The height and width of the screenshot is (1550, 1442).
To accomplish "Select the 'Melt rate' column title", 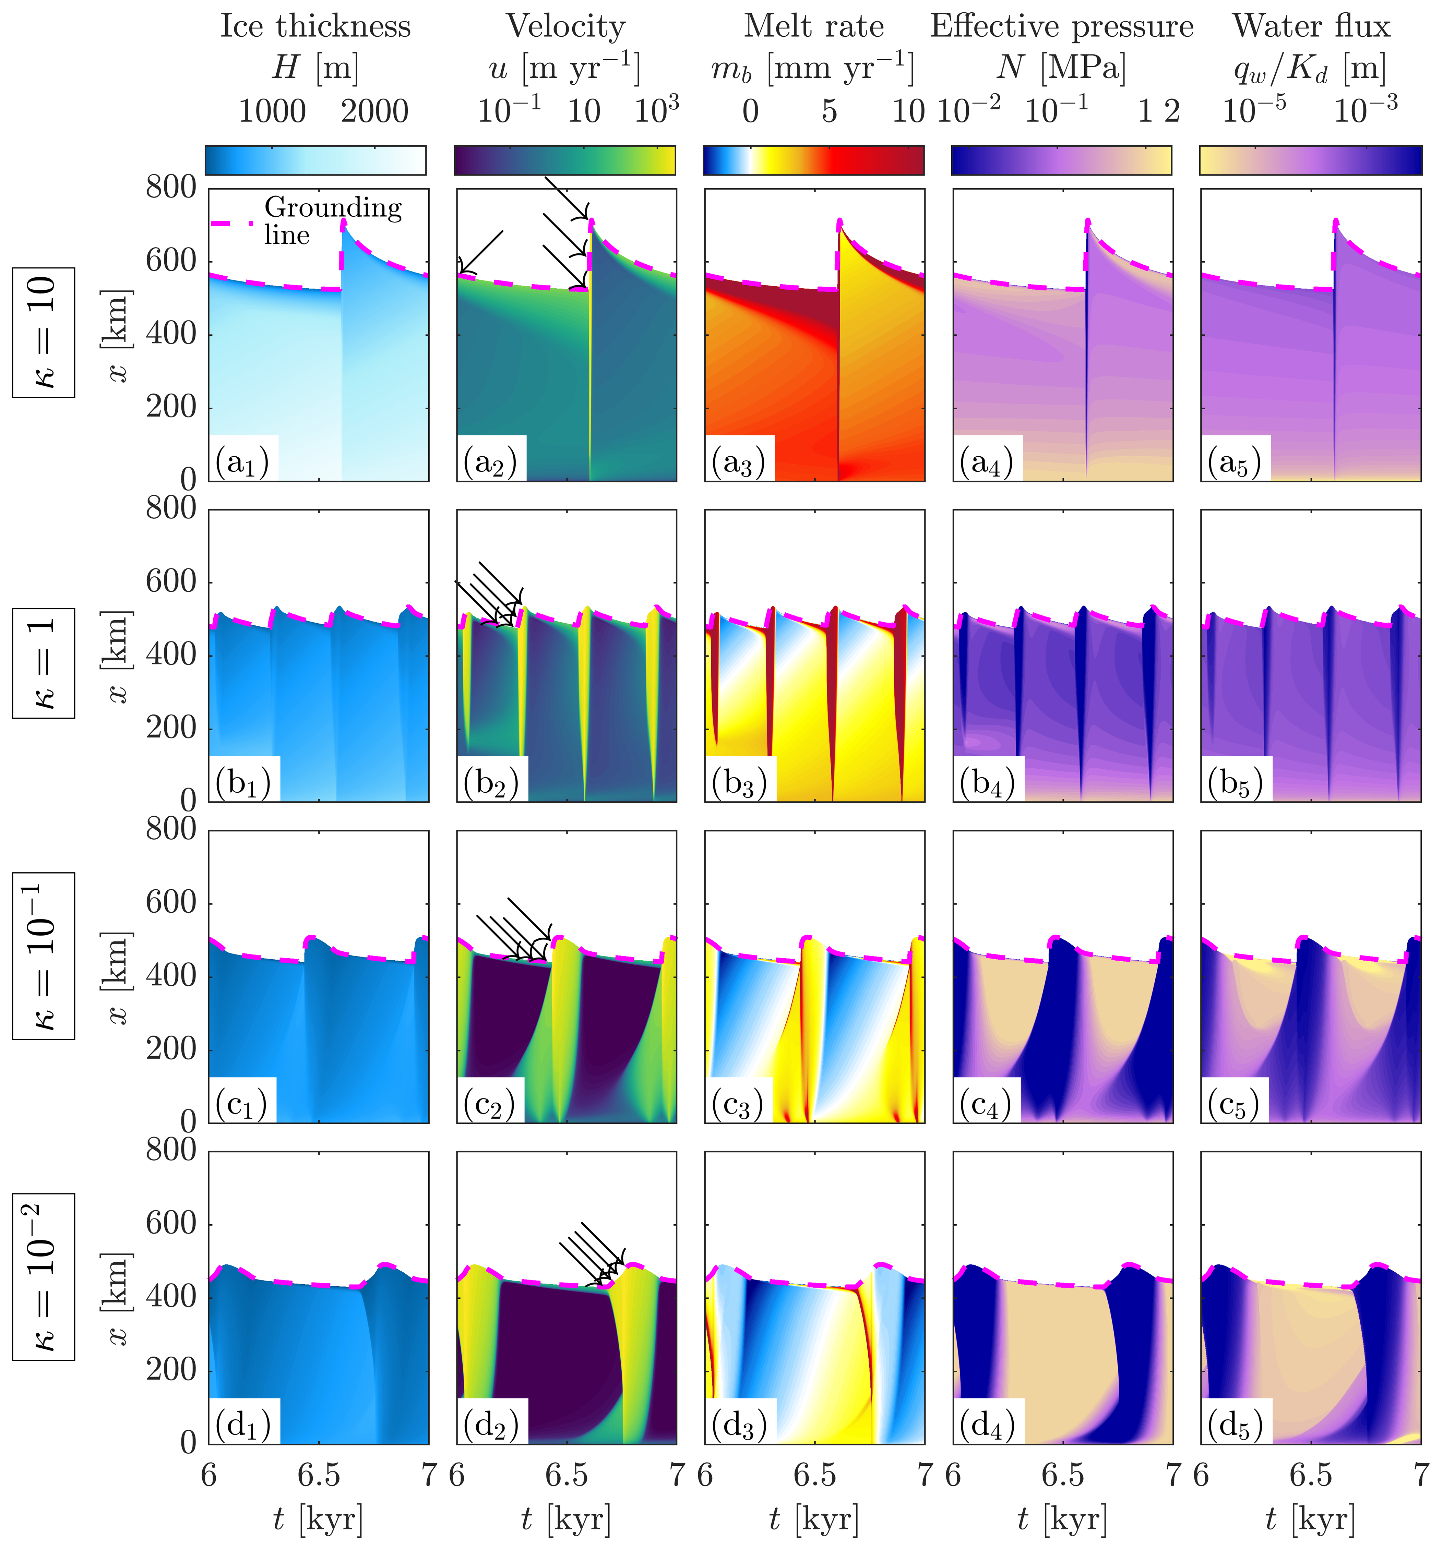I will pyautogui.click(x=814, y=26).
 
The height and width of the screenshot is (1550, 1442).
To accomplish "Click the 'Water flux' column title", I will pyautogui.click(x=1311, y=26).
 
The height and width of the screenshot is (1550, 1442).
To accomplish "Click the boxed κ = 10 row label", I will pyautogui.click(x=44, y=332).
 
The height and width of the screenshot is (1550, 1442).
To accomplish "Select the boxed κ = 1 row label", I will pyautogui.click(x=44, y=663).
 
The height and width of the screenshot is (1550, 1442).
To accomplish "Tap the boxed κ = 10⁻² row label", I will pyautogui.click(x=44, y=1276).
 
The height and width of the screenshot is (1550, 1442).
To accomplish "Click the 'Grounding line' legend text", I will pyautogui.click(x=333, y=221).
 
